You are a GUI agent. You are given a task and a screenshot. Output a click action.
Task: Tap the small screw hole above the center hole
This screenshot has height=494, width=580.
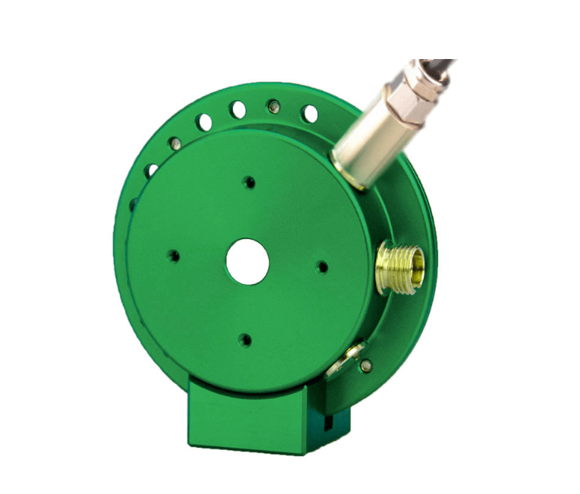coord(249,182)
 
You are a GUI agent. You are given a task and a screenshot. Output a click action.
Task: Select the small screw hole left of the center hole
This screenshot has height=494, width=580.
coord(173,256)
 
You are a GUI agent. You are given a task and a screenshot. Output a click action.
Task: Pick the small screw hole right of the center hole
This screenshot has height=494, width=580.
coord(322,266)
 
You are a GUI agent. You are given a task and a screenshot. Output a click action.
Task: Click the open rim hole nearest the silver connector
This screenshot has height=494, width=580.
coord(309,114)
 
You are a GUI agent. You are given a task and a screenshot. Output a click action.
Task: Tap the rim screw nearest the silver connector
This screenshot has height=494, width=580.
coord(274,106)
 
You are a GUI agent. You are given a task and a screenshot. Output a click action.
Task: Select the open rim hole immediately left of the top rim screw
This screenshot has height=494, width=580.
coord(238,110)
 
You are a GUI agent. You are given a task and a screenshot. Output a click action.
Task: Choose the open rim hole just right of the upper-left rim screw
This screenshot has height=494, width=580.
coord(203,121)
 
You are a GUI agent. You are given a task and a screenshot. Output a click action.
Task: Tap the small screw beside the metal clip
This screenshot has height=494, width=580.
coord(365,365)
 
